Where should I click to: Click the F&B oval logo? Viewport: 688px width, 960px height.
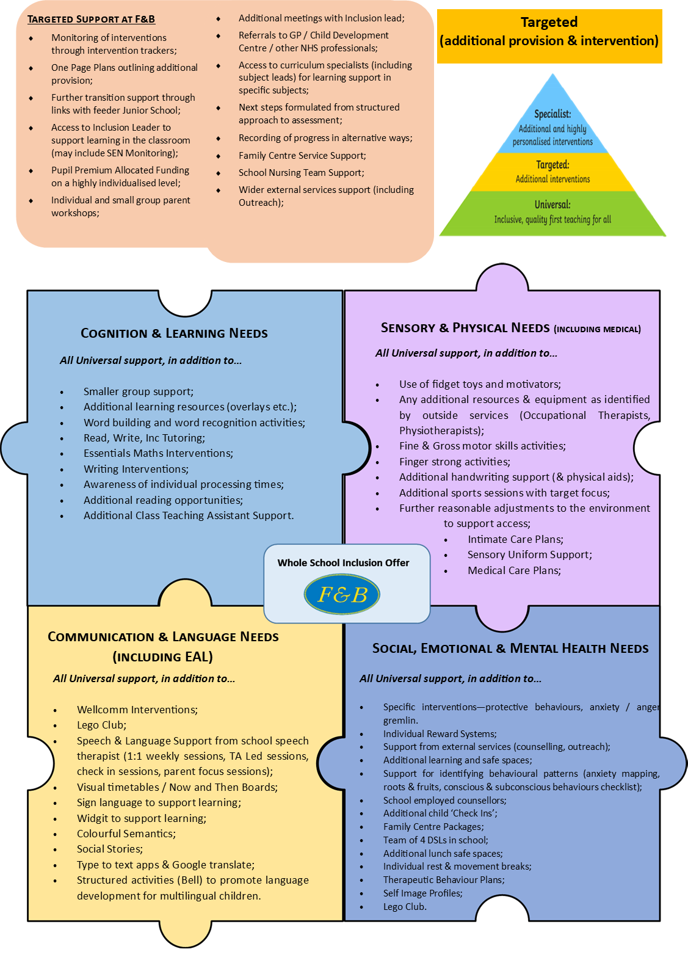pos(342,594)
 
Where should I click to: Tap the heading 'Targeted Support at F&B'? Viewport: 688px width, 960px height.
pos(91,20)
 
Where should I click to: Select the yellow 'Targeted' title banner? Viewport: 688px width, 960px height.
pos(549,36)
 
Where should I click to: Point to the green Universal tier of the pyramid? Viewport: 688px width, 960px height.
pos(552,213)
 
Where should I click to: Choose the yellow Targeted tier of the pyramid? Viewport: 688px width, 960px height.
pos(552,172)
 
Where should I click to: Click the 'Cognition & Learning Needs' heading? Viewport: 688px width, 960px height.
pos(174,333)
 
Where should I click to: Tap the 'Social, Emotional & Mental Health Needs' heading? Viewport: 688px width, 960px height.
pos(510,648)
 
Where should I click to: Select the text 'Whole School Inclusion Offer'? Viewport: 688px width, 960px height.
pos(343,562)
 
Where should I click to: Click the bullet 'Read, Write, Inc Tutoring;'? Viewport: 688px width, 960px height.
pos(144,438)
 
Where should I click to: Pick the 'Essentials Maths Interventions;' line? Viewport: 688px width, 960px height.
pos(158,453)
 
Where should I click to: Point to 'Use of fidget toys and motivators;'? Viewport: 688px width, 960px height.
pos(480,384)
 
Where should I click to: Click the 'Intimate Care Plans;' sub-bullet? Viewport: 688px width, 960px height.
pos(515,539)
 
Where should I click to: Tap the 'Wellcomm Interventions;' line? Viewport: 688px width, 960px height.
pos(137,710)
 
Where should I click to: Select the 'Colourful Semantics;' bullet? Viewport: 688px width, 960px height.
pos(126,834)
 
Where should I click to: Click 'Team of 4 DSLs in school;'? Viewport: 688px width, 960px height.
pos(436,840)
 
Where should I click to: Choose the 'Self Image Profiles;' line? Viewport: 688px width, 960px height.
pos(423,893)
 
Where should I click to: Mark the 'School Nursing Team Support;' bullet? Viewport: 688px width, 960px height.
pos(301,173)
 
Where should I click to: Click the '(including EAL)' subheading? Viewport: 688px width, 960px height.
pos(163,656)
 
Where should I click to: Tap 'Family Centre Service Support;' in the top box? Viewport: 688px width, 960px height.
pos(302,156)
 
